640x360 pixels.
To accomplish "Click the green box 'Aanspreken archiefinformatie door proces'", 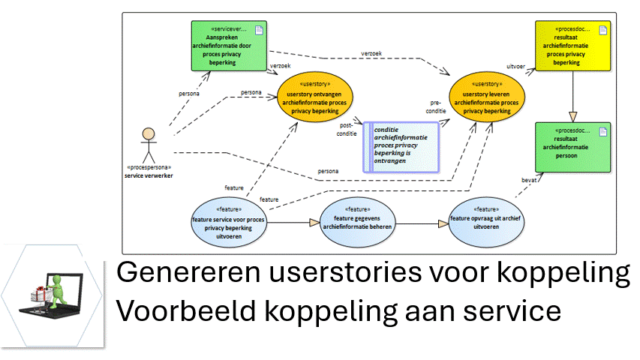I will point(230,46).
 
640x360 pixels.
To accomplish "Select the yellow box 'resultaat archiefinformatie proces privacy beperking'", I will point(571,46).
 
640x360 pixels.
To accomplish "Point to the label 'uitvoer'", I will point(516,65).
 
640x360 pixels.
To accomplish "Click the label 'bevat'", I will point(530,181).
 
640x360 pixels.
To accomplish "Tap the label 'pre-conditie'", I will point(436,106).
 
